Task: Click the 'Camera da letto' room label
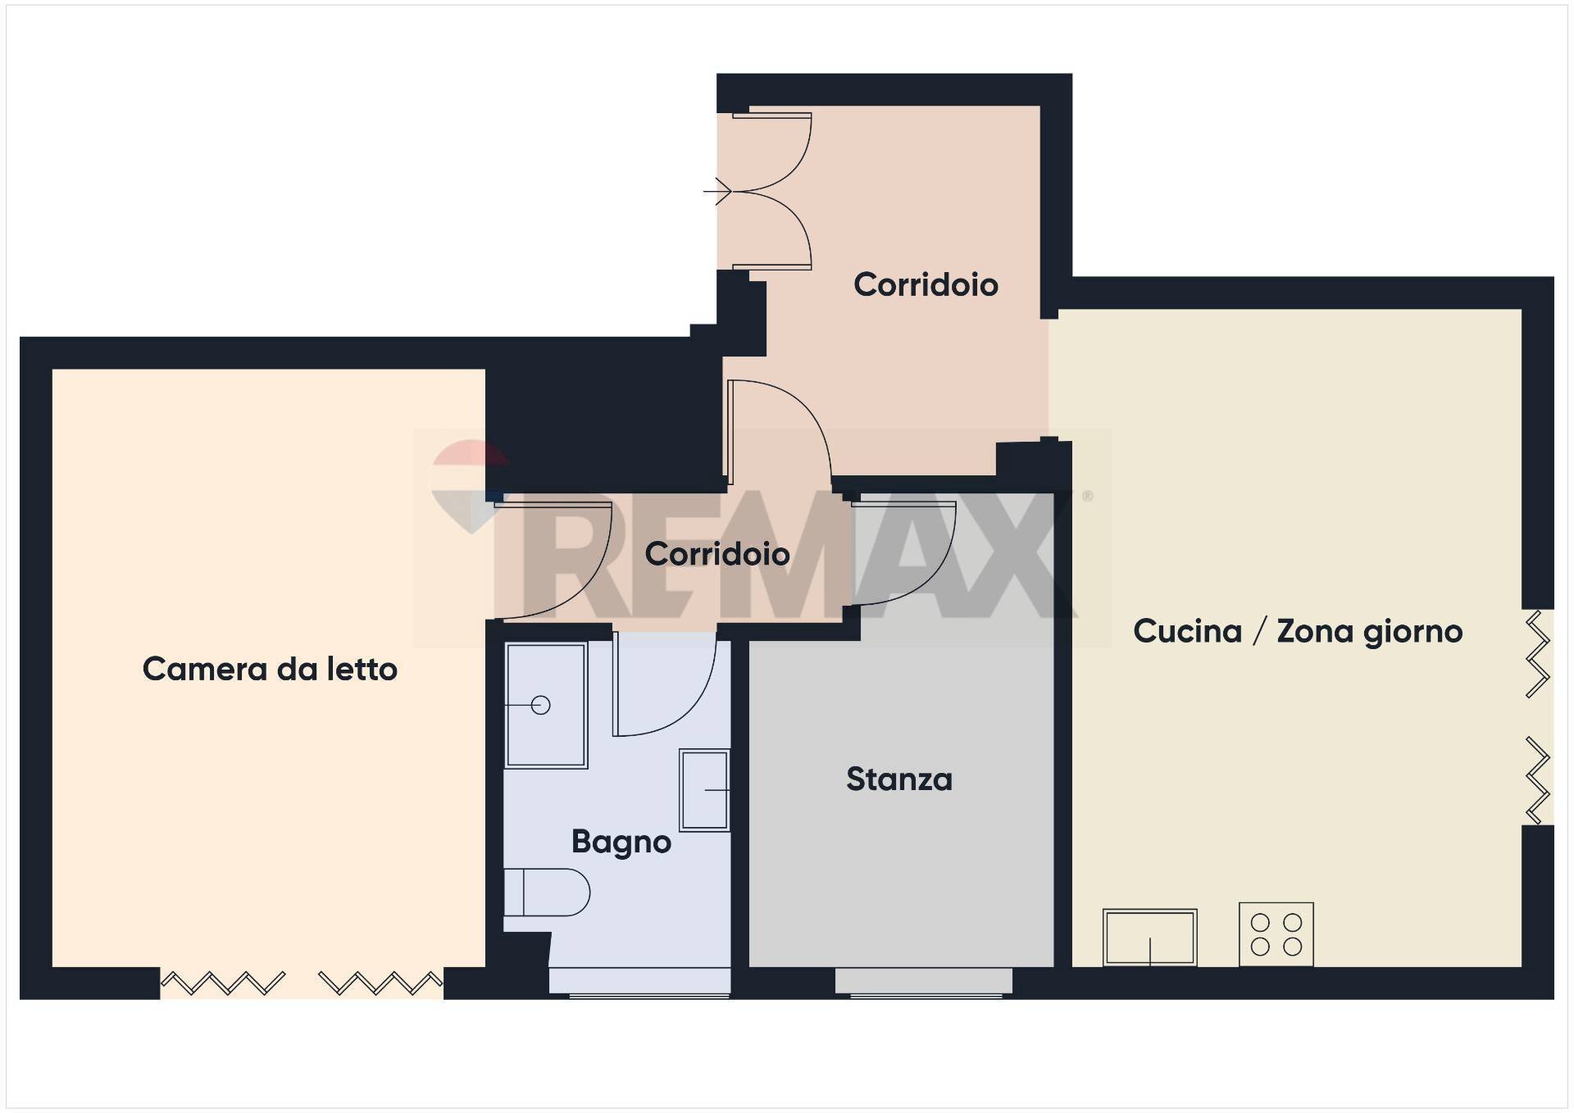(x=270, y=670)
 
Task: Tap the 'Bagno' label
(x=621, y=842)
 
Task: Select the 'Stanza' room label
(x=899, y=779)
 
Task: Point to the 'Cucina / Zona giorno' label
(x=1298, y=631)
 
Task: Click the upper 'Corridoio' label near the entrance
(x=926, y=284)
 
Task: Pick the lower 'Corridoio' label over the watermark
(x=717, y=554)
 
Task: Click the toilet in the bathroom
(x=547, y=893)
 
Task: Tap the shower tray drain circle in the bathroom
(x=540, y=705)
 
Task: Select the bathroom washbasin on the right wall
(x=704, y=790)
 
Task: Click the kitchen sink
(x=1149, y=937)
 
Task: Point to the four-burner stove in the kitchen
(x=1276, y=934)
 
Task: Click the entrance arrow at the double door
(x=718, y=191)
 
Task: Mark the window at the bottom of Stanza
(x=924, y=982)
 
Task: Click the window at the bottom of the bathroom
(x=639, y=982)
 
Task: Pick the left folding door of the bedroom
(x=223, y=982)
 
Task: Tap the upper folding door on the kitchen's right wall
(x=1538, y=653)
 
